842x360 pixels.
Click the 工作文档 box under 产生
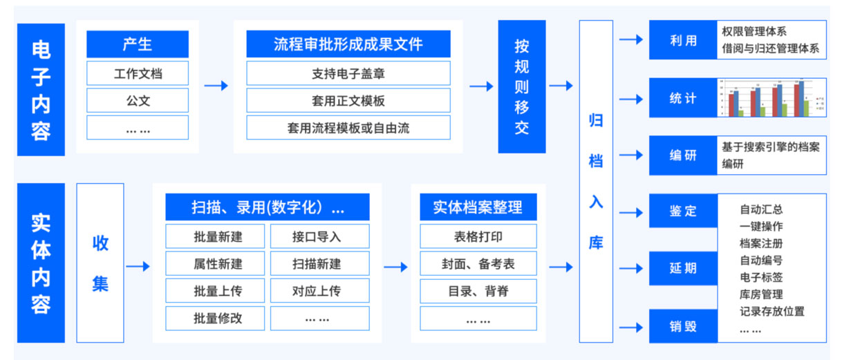pyautogui.click(x=137, y=73)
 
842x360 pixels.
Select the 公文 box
pyautogui.click(x=137, y=101)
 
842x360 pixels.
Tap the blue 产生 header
pyautogui.click(x=137, y=45)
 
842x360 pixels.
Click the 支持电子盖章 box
pyautogui.click(x=348, y=73)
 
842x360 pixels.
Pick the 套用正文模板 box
pyautogui.click(x=348, y=101)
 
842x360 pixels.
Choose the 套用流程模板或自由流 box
pyautogui.click(x=348, y=128)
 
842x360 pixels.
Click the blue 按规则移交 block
pyautogui.click(x=522, y=86)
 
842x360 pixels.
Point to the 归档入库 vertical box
pyautogui.click(x=596, y=181)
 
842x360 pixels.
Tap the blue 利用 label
pyautogui.click(x=682, y=40)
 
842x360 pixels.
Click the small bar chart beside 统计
pyautogui.click(x=771, y=98)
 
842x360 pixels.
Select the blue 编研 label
pyautogui.click(x=682, y=155)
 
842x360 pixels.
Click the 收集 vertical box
pyautogui.click(x=100, y=263)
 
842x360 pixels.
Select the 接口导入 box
pyautogui.click(x=319, y=237)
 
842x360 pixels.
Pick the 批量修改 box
pyautogui.click(x=218, y=319)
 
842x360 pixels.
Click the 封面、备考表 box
pyautogui.click(x=478, y=264)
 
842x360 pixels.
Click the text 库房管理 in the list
pyautogui.click(x=760, y=294)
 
